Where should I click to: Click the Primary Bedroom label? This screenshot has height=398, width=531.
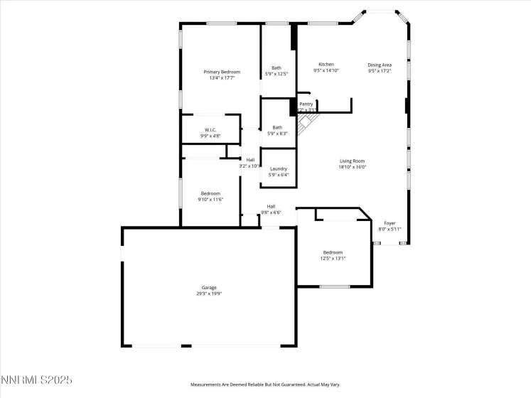222,72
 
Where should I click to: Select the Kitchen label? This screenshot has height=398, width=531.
326,65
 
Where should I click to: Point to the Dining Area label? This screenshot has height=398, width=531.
380,65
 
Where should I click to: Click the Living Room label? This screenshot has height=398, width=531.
352,161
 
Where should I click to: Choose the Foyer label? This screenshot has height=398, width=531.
390,223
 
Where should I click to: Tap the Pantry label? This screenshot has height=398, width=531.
306,104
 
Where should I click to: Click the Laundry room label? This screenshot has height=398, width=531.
279,168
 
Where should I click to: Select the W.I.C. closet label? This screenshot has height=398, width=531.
210,129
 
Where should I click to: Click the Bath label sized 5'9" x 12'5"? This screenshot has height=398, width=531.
276,68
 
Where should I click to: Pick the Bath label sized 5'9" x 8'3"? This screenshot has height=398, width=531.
277,128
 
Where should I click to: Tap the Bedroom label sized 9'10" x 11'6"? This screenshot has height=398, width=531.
210,193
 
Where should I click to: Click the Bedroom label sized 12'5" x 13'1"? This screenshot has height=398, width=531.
333,252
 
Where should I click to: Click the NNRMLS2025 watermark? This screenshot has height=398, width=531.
37,382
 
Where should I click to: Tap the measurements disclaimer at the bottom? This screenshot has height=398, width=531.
264,384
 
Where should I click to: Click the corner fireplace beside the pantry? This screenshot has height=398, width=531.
306,127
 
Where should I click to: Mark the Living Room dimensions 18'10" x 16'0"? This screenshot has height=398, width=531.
352,168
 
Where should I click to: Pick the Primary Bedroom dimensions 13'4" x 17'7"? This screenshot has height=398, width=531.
222,78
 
